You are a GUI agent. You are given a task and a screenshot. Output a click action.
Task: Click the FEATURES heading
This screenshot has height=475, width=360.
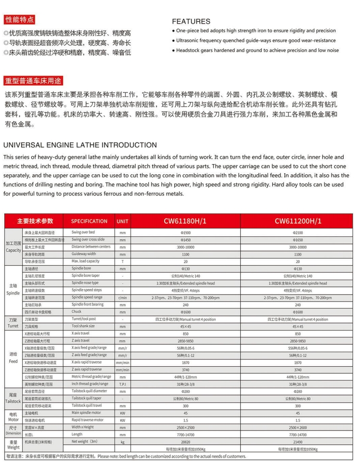coord(191,22)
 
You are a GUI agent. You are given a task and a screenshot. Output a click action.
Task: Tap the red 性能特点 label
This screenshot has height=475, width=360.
coord(20,20)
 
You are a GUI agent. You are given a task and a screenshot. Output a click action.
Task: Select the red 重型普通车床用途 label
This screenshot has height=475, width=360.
coord(33,80)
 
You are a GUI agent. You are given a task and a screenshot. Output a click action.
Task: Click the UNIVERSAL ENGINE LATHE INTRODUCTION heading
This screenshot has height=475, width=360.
coord(80,145)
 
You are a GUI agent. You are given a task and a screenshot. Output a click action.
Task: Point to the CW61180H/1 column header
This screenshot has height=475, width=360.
coord(185,221)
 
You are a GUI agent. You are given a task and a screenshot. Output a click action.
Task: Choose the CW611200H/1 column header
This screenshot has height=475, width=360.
coord(297,221)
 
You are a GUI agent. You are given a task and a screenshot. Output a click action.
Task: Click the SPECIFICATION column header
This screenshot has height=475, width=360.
coord(89,221)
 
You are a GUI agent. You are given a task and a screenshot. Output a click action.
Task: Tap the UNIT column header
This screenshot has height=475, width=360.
coord(122,221)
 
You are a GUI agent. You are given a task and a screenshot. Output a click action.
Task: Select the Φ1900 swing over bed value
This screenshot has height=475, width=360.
coord(185,232)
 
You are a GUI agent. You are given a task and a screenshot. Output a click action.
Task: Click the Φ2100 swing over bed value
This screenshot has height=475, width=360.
coord(297,232)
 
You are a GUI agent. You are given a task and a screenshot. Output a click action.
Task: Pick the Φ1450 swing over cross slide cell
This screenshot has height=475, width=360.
coord(185,240)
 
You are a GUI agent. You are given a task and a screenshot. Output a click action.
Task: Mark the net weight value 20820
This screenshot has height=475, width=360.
coord(185,441)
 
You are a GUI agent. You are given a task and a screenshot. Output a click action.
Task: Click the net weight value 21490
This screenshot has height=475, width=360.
coord(297,441)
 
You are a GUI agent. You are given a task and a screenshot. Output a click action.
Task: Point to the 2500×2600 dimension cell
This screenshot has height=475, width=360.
coord(297,427)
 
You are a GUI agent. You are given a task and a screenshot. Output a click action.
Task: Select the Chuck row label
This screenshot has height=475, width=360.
coord(77,311)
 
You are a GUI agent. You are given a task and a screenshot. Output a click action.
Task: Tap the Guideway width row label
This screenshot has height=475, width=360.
coord(84,254)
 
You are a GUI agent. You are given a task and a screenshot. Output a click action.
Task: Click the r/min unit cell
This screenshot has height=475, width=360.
coord(122,297)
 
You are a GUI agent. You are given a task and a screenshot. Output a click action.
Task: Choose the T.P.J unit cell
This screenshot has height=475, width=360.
coord(122,384)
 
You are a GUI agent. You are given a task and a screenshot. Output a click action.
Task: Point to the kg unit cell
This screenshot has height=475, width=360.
coord(122,441)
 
